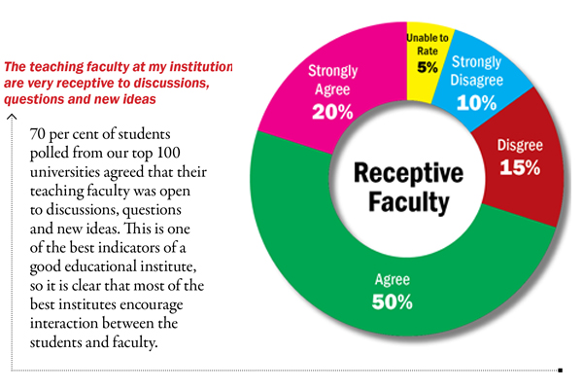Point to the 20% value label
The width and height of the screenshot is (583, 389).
point(332,112)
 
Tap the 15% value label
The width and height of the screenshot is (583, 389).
point(520,167)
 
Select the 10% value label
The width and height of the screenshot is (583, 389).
point(475,100)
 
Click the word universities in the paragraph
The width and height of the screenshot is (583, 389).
point(69,173)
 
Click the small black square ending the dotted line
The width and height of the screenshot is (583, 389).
point(561,370)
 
